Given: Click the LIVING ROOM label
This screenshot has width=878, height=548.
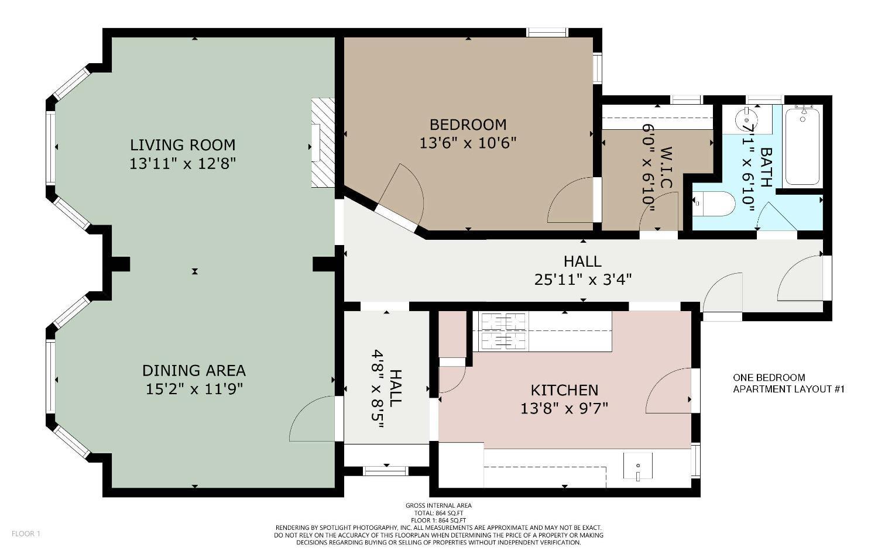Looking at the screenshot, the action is (183, 145).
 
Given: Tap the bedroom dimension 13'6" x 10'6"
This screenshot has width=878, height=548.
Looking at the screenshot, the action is (468, 143).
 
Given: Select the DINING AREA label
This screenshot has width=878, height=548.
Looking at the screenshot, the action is (194, 371).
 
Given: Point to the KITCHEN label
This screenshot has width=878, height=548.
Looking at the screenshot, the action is (564, 390).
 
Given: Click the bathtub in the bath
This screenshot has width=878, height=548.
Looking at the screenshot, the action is (802, 146).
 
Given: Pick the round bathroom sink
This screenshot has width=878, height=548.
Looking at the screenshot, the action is (746, 118).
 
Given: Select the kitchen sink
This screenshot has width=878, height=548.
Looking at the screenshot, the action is (638, 466).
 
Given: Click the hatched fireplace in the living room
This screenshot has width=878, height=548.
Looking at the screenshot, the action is (323, 143).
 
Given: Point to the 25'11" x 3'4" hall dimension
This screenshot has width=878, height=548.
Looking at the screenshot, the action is (583, 280).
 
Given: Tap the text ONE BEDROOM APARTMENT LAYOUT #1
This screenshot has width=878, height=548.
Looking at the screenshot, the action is (788, 384).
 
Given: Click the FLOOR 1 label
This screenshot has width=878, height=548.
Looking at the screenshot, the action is (26, 533).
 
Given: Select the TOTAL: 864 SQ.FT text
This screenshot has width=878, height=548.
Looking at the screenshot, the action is (438, 513).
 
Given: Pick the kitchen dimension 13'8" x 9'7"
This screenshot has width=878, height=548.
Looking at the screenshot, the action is (564, 409).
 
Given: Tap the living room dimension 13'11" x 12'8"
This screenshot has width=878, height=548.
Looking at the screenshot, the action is (183, 164).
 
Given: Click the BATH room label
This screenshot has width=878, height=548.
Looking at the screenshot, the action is (766, 167).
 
